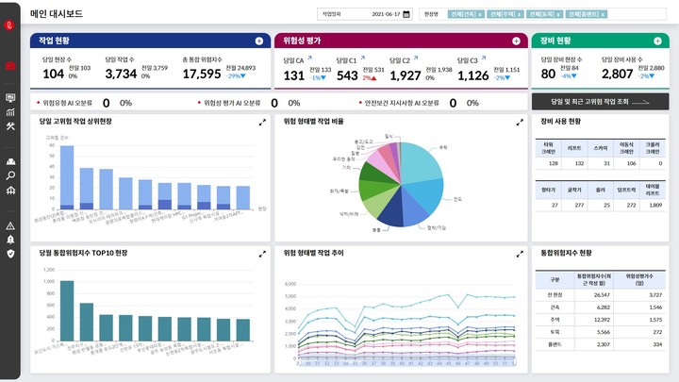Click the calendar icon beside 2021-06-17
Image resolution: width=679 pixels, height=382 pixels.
pos(406,14)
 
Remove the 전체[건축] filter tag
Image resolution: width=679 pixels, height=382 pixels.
pos(480,15)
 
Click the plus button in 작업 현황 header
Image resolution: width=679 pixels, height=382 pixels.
pos(259,41)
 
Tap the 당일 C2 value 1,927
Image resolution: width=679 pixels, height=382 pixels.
pos(405,75)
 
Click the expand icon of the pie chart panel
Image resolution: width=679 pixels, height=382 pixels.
pos(519,122)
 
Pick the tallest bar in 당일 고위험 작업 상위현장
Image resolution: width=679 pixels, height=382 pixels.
pos(67,176)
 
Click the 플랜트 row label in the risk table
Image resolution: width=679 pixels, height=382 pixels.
pos(554,345)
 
